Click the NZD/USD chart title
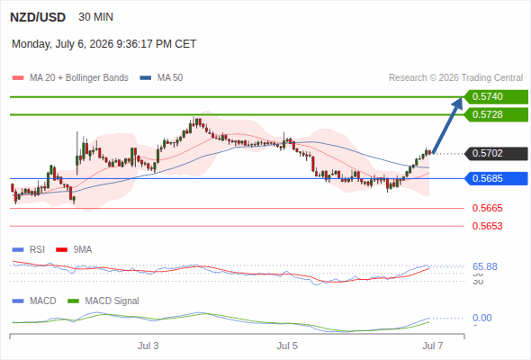(x=38, y=17)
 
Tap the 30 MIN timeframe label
(x=95, y=17)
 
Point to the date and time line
(x=104, y=44)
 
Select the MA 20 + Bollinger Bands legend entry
(x=70, y=78)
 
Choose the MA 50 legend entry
(x=161, y=78)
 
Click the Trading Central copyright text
(x=455, y=78)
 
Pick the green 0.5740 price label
(x=496, y=97)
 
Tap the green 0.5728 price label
(x=496, y=115)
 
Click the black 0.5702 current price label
(x=496, y=153)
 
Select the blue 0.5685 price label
(x=496, y=178)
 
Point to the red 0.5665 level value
(x=487, y=208)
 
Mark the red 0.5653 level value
(x=487, y=226)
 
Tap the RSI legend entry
(x=29, y=250)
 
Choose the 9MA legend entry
(x=74, y=250)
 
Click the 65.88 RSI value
(x=485, y=267)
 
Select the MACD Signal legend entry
(x=103, y=301)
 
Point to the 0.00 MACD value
(x=482, y=318)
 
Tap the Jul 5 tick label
(x=287, y=346)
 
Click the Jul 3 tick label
(x=148, y=346)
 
